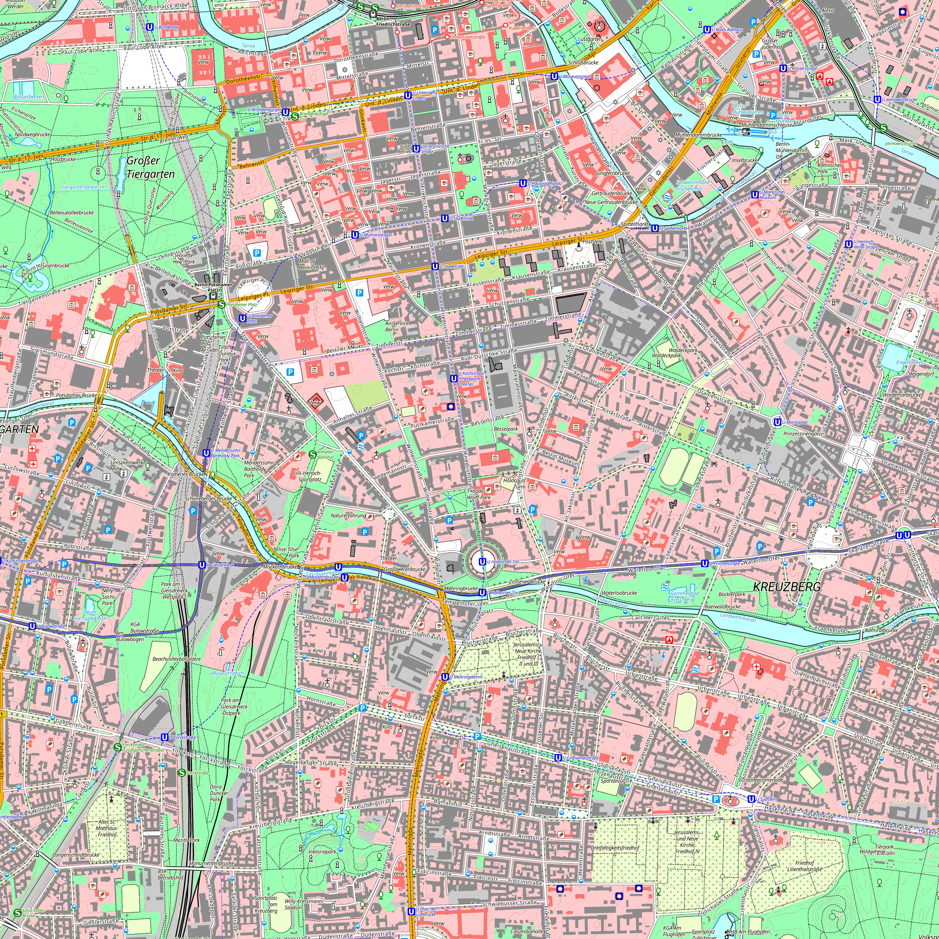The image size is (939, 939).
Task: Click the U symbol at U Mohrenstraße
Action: click(x=355, y=235)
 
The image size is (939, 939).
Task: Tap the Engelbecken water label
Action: click(x=910, y=362)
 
